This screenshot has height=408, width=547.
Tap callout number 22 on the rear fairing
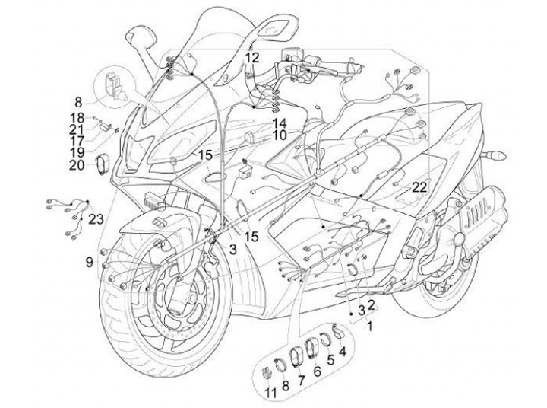coord(419,186)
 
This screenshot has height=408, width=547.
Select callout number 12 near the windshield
coord(252,57)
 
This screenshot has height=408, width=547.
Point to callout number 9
coord(90,262)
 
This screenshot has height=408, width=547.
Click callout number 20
coord(77,164)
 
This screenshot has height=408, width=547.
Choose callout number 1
coord(370,327)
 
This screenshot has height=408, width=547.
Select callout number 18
coord(77,117)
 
